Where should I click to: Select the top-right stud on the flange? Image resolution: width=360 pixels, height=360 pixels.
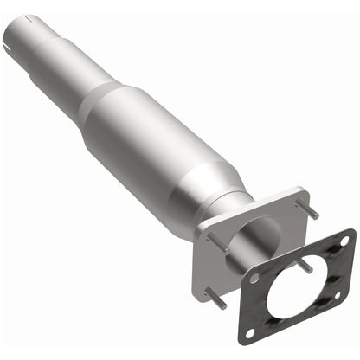tap(309, 210)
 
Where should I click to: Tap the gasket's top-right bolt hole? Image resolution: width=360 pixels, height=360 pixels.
tap(345, 241)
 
